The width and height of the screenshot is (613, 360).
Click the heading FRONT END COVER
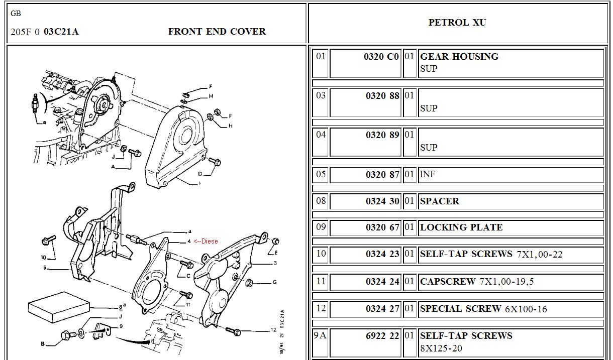[x=217, y=32]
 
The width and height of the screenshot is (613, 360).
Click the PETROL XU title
[x=457, y=23]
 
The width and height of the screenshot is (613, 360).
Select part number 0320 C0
[x=381, y=57]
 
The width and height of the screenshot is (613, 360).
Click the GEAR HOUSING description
[x=459, y=57]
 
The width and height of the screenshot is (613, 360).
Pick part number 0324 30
[x=382, y=201]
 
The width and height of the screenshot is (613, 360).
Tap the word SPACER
[x=440, y=201]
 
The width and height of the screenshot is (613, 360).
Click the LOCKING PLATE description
[x=461, y=227]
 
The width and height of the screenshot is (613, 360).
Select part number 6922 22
[x=382, y=336]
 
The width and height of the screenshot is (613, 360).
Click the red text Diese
[x=209, y=241]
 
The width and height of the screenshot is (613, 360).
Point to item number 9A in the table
[x=321, y=335]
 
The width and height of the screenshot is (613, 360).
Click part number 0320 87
[x=382, y=175]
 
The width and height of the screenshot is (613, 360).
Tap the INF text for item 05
[x=428, y=175]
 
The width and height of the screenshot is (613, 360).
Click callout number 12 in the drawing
[x=273, y=330]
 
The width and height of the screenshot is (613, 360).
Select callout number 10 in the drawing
[x=43, y=257]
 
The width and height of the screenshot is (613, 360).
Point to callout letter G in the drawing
[x=275, y=282]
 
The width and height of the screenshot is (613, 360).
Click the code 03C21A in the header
[x=61, y=32]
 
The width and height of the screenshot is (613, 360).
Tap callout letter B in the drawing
[x=43, y=344]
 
